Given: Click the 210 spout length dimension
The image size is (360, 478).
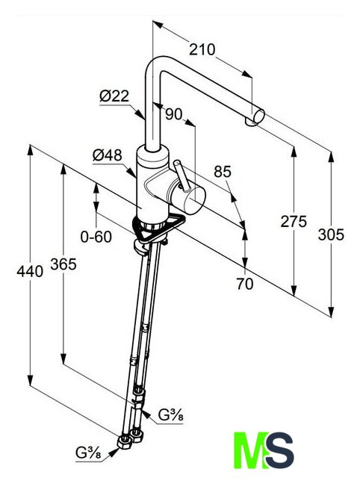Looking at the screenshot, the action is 202,49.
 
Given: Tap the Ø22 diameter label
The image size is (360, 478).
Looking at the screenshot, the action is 114,96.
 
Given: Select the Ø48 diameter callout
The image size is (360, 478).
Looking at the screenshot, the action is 108,155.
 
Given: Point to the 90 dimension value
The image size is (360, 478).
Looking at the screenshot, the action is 173,114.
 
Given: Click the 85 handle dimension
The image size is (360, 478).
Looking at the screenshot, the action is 223,172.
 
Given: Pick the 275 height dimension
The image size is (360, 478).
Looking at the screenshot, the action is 294,221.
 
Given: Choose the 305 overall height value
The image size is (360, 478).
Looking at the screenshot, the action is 331,235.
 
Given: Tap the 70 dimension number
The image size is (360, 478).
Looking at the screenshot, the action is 245,284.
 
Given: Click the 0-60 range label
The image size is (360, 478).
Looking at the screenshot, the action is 96,237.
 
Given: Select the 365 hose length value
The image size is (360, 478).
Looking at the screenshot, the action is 63,264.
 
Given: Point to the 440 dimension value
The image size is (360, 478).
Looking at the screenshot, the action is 30,271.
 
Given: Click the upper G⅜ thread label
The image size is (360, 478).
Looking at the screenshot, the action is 171,415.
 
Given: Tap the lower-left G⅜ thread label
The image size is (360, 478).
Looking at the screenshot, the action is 88,453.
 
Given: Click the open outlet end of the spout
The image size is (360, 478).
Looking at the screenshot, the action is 259,117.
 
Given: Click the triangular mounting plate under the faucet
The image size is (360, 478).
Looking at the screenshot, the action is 159,229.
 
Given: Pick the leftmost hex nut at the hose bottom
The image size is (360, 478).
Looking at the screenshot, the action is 124,441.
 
